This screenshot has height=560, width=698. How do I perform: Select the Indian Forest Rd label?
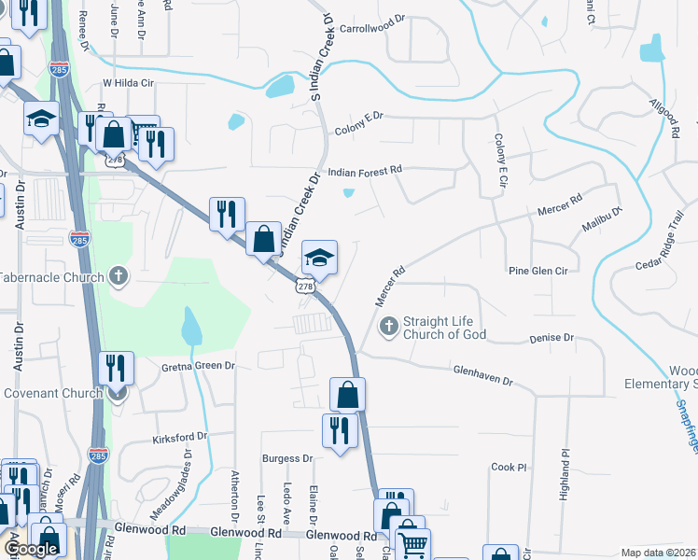click(x=365, y=170)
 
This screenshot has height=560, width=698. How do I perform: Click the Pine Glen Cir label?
click(x=537, y=271)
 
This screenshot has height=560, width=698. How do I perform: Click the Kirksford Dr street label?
click(x=179, y=436)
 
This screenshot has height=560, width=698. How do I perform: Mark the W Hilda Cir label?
click(x=127, y=82)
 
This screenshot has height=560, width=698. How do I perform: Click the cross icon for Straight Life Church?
click(x=388, y=327)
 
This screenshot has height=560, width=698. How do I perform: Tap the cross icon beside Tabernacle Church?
click(x=118, y=276)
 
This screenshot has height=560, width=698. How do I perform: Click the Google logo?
click(x=32, y=548)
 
